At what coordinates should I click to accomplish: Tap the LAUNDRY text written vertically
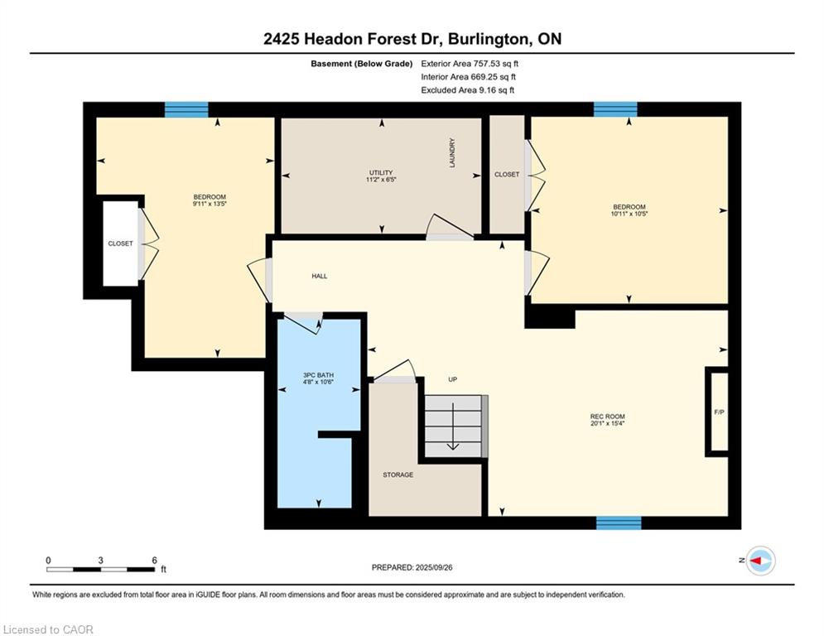click(453, 152)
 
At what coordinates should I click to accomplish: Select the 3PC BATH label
click(318, 375)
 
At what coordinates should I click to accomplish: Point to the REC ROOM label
click(608, 417)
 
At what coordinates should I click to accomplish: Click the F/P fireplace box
click(718, 412)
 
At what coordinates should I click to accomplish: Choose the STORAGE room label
click(398, 475)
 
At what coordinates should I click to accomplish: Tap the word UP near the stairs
click(452, 380)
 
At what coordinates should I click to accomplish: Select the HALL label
click(320, 276)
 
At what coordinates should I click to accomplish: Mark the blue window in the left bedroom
click(186, 109)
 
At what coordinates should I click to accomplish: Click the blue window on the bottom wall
click(619, 523)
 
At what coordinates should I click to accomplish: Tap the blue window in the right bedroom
click(615, 109)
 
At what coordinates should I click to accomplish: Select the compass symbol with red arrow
click(760, 561)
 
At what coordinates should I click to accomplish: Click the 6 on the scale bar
click(155, 560)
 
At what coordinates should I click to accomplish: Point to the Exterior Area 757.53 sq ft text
click(470, 64)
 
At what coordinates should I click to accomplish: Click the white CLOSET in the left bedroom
click(120, 243)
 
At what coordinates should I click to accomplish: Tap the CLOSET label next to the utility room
click(507, 175)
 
